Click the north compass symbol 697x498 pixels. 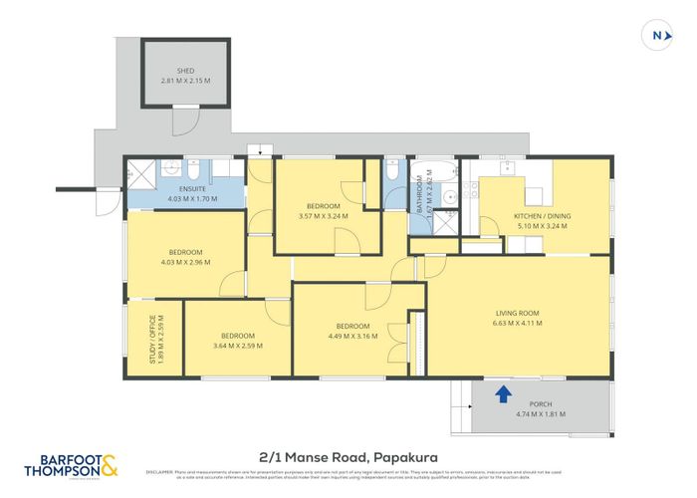(656, 35)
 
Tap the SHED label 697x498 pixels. (185, 71)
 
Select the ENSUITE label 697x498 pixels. (193, 187)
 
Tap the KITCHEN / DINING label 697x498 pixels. (541, 216)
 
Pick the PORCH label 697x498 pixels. (541, 404)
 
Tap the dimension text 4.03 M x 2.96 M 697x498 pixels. (185, 261)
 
